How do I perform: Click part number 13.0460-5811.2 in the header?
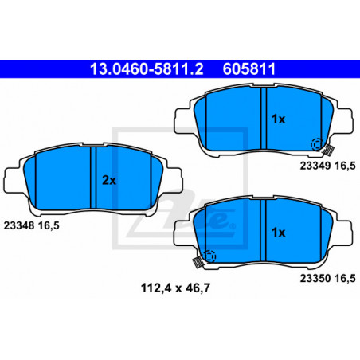[147, 69]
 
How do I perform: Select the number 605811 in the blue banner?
[249, 69]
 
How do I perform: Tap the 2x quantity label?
[109, 181]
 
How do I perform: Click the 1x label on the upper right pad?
[278, 119]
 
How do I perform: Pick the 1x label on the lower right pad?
[278, 233]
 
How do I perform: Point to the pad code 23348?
[19, 225]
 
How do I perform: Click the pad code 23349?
[315, 166]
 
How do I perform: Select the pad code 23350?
[315, 278]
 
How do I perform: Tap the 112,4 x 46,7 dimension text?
[175, 288]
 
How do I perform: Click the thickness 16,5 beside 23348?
[49, 226]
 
